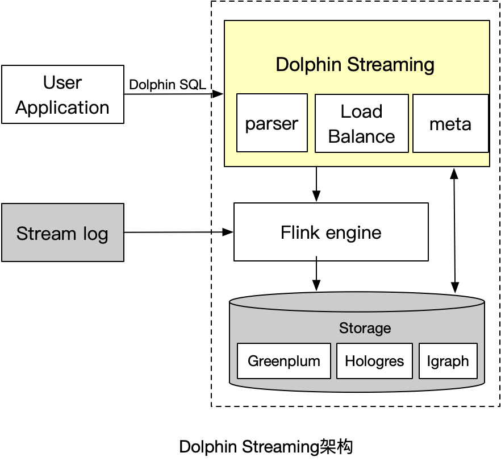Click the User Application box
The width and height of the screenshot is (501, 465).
tap(62, 94)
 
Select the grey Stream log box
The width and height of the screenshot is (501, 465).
tap(62, 232)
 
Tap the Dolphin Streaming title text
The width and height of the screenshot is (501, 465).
tap(355, 64)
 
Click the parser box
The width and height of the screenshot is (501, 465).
tap(272, 123)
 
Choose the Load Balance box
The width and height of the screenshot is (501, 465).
tap(361, 123)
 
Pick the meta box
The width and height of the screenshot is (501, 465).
tap(450, 123)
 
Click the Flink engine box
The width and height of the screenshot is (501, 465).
tap(331, 232)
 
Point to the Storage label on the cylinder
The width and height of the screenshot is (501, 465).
tap(365, 328)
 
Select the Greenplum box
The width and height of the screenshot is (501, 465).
tap(283, 361)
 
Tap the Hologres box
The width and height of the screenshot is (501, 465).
tap(374, 361)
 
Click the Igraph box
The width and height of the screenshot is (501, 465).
tap(448, 361)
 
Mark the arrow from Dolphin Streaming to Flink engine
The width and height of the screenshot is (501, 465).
tap(316, 184)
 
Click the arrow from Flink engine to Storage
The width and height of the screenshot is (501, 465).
tap(316, 276)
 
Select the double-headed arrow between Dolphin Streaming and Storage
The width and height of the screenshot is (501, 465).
tap(453, 230)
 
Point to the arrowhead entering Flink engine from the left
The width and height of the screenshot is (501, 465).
tap(228, 232)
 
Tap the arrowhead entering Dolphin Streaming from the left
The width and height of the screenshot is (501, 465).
tap(219, 94)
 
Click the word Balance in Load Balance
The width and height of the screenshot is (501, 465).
tap(361, 136)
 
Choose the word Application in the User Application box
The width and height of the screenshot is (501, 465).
tap(62, 107)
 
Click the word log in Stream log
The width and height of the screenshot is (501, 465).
tap(94, 234)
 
